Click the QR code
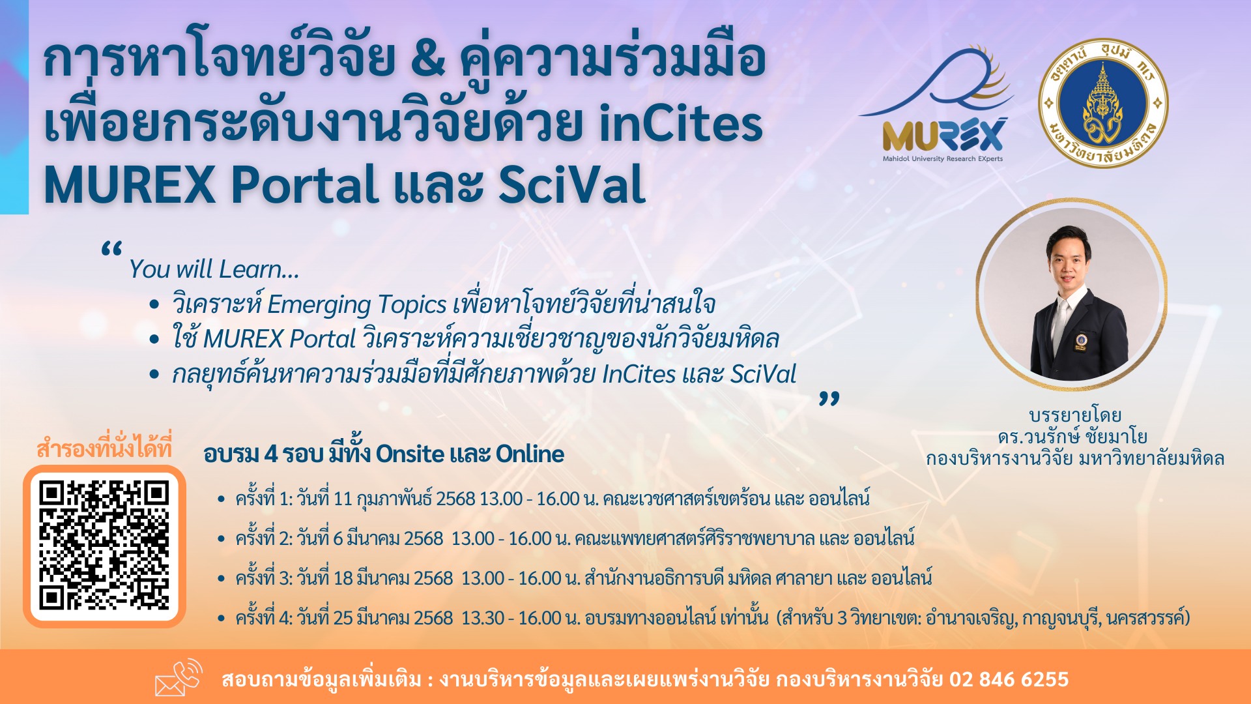pyautogui.click(x=104, y=546)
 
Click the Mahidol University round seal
pyautogui.click(x=1102, y=103)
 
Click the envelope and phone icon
pyautogui.click(x=179, y=678)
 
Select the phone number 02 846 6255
pyautogui.click(x=1009, y=679)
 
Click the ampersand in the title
pyautogui.click(x=427, y=59)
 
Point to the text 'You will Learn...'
pyautogui.click(x=214, y=269)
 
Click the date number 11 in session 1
pyautogui.click(x=343, y=499)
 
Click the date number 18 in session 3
pyautogui.click(x=343, y=578)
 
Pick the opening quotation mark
pyautogui.click(x=111, y=249)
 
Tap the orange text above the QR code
pyautogui.click(x=104, y=448)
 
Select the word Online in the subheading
pyautogui.click(x=530, y=454)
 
